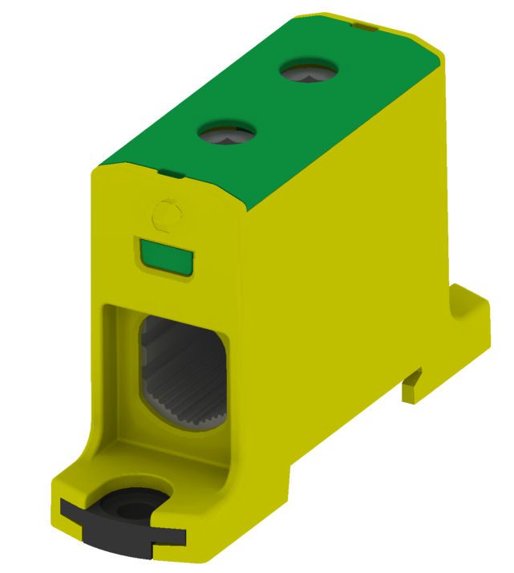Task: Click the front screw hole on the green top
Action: pyautogui.click(x=227, y=132)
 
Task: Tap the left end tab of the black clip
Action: pyautogui.click(x=70, y=506)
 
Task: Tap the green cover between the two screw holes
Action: pyautogui.click(x=269, y=102)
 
